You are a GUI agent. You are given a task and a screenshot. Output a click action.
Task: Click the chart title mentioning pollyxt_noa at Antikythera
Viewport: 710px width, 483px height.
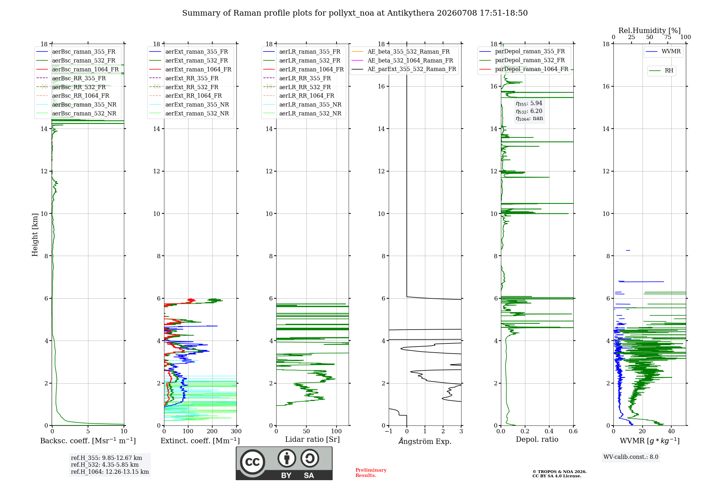pyautogui.click(x=355, y=13)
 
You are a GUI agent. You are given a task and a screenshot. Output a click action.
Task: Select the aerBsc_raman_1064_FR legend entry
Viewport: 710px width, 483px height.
pyautogui.click(x=77, y=69)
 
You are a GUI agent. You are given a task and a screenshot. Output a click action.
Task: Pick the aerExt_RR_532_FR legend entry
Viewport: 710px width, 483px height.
pyautogui.click(x=184, y=87)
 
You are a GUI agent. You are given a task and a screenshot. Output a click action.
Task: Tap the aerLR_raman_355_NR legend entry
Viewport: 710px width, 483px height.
pyautogui.click(x=302, y=104)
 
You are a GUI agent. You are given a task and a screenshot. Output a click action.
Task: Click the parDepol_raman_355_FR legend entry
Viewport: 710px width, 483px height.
pyautogui.click(x=522, y=51)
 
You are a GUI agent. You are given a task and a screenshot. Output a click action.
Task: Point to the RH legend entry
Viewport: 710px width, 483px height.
pyautogui.click(x=661, y=71)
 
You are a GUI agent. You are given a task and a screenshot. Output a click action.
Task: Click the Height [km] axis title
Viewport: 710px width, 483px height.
pyautogui.click(x=35, y=235)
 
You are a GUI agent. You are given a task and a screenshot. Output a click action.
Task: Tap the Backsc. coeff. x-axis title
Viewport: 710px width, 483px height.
pyautogui.click(x=88, y=441)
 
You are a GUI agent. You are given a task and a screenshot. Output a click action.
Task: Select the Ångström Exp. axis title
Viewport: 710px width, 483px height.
pyautogui.click(x=425, y=441)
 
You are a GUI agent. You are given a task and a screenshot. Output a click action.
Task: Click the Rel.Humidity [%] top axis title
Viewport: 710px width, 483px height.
pyautogui.click(x=650, y=31)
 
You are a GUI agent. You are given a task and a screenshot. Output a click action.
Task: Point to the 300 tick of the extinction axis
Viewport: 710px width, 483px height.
pyautogui.click(x=236, y=432)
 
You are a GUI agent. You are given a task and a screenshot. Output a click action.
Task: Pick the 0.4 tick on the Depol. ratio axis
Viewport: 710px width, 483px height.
pyautogui.click(x=549, y=432)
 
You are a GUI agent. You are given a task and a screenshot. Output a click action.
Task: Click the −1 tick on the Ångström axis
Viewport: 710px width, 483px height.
pyautogui.click(x=388, y=432)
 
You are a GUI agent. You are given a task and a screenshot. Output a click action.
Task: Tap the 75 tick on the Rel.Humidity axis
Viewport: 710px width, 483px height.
pyautogui.click(x=668, y=37)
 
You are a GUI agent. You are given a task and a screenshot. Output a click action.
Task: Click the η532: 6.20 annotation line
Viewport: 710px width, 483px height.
pyautogui.click(x=529, y=111)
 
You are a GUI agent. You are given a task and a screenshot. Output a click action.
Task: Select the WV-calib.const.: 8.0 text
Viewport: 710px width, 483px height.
pyautogui.click(x=631, y=457)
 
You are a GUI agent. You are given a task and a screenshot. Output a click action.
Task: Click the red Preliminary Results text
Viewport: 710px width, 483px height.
pyautogui.click(x=371, y=473)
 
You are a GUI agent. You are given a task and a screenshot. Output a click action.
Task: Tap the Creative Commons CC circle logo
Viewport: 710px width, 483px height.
pyautogui.click(x=252, y=462)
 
